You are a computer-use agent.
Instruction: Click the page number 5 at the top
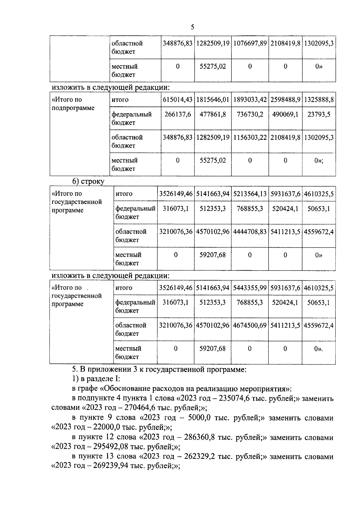[x=192, y=27]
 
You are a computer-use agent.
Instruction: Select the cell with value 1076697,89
[x=250, y=43]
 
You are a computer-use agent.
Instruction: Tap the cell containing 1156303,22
[x=250, y=138]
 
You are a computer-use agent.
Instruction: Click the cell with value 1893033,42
[x=250, y=100]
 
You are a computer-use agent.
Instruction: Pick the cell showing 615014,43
[x=178, y=100]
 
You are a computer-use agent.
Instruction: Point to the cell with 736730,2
[x=250, y=115]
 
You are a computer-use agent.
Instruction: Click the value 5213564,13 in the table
[x=250, y=194]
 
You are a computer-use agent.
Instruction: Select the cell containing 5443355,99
[x=250, y=288]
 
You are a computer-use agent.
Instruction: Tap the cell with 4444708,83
[x=250, y=232]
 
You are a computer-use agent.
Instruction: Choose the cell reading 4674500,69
[x=250, y=326]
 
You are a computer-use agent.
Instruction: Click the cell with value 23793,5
[x=319, y=115]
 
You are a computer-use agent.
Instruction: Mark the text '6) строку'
[x=88, y=181]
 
